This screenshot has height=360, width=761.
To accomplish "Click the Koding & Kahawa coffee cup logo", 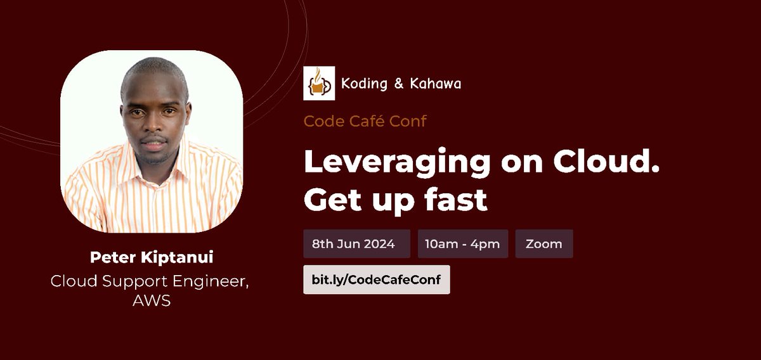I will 318,84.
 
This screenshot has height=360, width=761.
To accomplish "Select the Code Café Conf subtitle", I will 365,120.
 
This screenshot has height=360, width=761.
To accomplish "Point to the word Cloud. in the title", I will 607,162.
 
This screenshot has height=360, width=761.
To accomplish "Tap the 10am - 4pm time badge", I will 462,244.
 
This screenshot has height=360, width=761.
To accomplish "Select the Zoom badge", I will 543,244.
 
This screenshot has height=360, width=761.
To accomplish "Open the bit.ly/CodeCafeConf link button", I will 376,280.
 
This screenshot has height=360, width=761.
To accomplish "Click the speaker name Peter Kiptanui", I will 152,257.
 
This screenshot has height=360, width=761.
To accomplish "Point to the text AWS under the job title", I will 152,300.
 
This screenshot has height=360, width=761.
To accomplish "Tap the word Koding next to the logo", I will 364,84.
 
